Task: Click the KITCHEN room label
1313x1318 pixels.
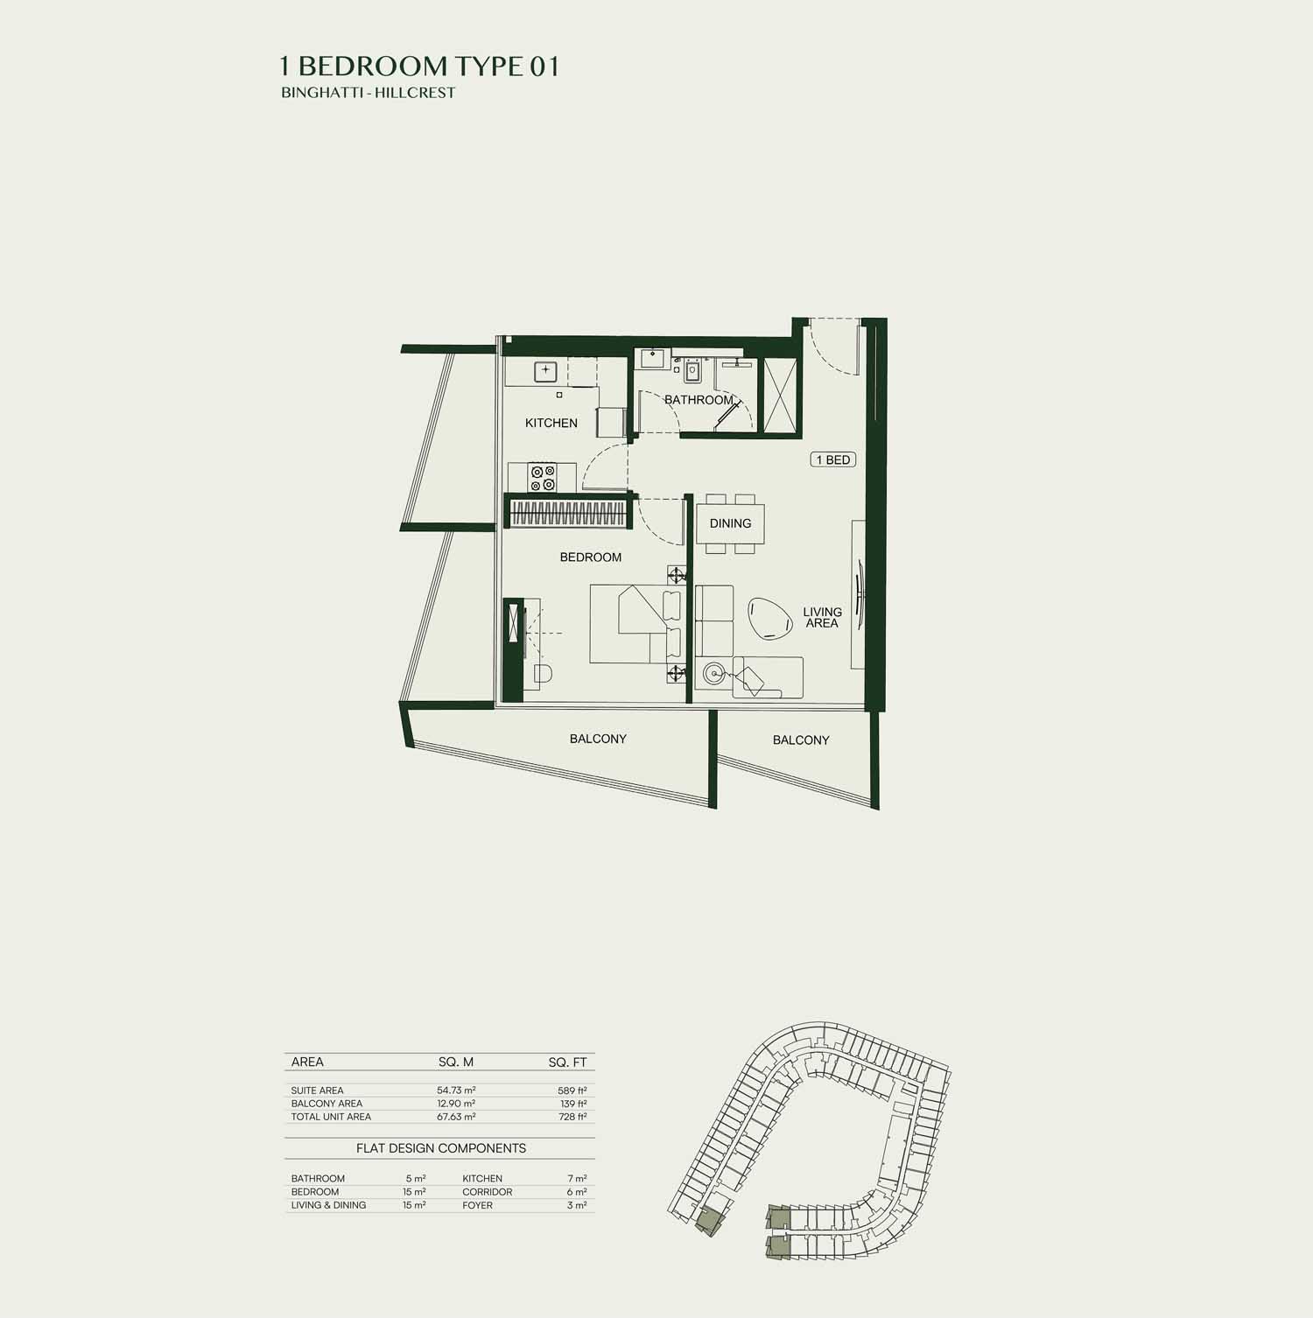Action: (551, 423)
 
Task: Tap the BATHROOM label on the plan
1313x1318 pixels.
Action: (699, 400)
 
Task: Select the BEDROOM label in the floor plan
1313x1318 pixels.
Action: (591, 557)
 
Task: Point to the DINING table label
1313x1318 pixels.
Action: (730, 523)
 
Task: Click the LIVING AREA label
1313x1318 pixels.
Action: (822, 618)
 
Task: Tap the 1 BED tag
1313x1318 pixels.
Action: (832, 459)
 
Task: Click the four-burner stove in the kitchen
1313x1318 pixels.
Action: (542, 478)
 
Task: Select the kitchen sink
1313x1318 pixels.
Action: (546, 370)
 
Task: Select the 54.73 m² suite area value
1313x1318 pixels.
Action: (456, 1090)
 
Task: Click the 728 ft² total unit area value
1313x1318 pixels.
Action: (572, 1117)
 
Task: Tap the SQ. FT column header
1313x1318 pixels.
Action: (568, 1062)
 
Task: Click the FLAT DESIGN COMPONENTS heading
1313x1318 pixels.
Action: (441, 1148)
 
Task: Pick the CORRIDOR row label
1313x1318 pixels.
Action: (488, 1192)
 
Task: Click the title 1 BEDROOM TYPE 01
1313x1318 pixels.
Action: (419, 67)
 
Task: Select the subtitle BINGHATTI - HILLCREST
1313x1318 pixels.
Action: (369, 93)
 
